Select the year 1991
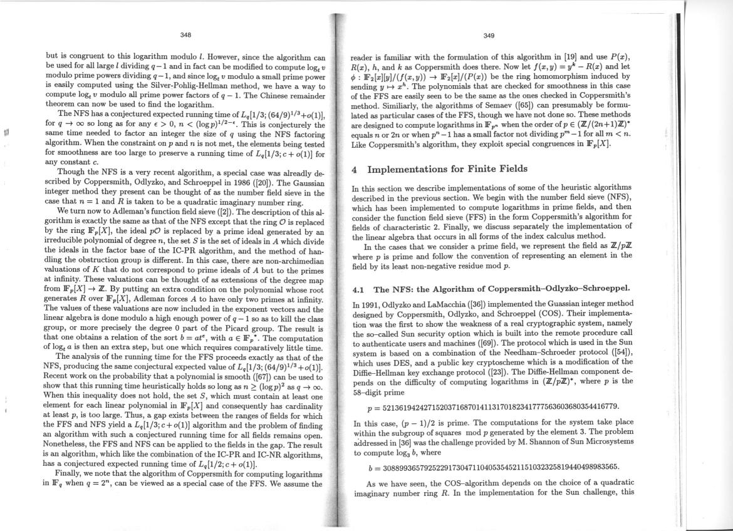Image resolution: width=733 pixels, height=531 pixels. (371, 304)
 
